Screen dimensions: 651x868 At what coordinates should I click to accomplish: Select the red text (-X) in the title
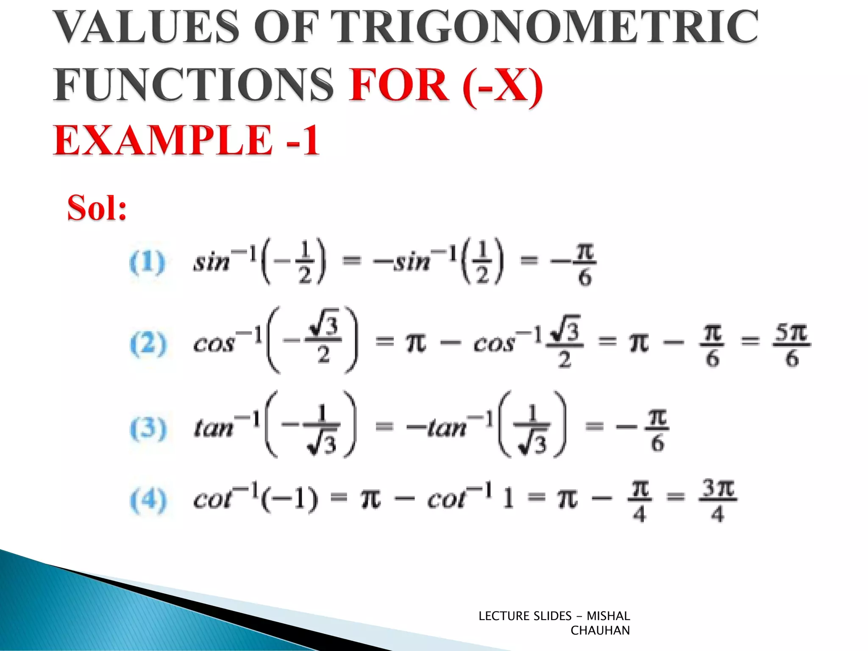(x=503, y=85)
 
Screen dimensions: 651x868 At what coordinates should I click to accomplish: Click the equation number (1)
(x=147, y=262)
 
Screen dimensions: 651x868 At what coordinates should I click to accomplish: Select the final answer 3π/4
(x=718, y=500)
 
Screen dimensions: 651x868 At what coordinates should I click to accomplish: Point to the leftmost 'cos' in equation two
(x=214, y=344)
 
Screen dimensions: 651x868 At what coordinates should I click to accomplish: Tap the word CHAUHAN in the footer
(x=600, y=631)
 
